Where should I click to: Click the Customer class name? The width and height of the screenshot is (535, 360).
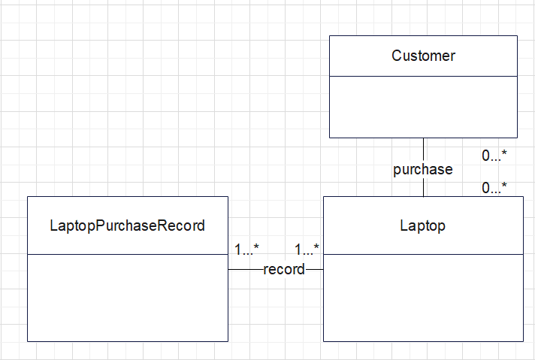click(x=423, y=56)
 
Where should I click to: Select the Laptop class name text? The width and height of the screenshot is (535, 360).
click(x=423, y=225)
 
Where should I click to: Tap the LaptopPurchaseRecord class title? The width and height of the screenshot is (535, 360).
click(x=127, y=225)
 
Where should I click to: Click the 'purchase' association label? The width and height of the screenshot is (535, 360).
click(x=423, y=169)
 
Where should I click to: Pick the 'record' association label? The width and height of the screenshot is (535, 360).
click(x=284, y=269)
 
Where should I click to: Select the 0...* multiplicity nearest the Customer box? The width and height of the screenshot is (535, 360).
click(x=494, y=156)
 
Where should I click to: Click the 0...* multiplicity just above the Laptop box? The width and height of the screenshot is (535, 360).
click(x=494, y=188)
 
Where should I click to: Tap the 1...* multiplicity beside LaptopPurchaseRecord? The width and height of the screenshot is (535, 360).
click(x=246, y=249)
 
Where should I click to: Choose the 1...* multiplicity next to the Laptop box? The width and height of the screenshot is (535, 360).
click(x=307, y=249)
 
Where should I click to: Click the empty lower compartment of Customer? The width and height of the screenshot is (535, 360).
click(x=423, y=107)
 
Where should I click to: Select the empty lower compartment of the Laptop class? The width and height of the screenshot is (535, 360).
click(x=423, y=298)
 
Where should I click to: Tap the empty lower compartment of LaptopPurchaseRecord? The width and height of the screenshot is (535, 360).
click(x=127, y=298)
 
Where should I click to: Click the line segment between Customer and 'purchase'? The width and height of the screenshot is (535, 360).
click(x=423, y=149)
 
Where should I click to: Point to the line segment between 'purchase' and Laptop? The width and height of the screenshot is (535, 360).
click(x=423, y=187)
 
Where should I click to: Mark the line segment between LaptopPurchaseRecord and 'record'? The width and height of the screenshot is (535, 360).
click(x=245, y=269)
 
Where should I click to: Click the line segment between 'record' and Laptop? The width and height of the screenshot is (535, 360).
click(x=314, y=269)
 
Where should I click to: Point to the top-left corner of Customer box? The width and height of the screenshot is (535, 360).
click(x=329, y=35)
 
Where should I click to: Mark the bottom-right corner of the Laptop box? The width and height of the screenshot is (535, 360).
click(x=523, y=341)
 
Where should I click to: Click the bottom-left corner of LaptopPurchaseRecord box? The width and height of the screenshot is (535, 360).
click(x=27, y=341)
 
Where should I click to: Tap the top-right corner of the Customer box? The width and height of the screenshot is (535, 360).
click(x=517, y=35)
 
